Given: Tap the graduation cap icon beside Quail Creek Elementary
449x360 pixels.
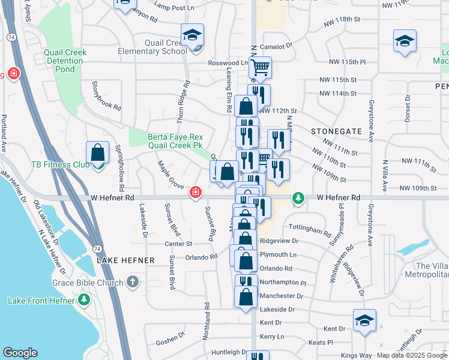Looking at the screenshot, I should (x=193, y=35).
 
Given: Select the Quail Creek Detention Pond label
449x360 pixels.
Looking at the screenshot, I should (x=65, y=61).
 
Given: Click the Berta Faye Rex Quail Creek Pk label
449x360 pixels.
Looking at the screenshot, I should (x=175, y=141).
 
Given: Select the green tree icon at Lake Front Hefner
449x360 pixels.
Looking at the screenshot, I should (x=85, y=299).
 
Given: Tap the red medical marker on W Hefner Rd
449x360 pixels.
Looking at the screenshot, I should (x=195, y=193).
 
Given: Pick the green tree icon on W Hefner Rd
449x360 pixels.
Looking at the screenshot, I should (x=297, y=197).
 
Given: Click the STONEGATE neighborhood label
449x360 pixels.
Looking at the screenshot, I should (x=336, y=131).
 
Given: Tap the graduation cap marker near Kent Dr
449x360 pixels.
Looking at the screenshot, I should (x=364, y=321).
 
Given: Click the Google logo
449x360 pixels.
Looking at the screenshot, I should (x=20, y=353).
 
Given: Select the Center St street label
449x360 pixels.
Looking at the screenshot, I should (x=178, y=244).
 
